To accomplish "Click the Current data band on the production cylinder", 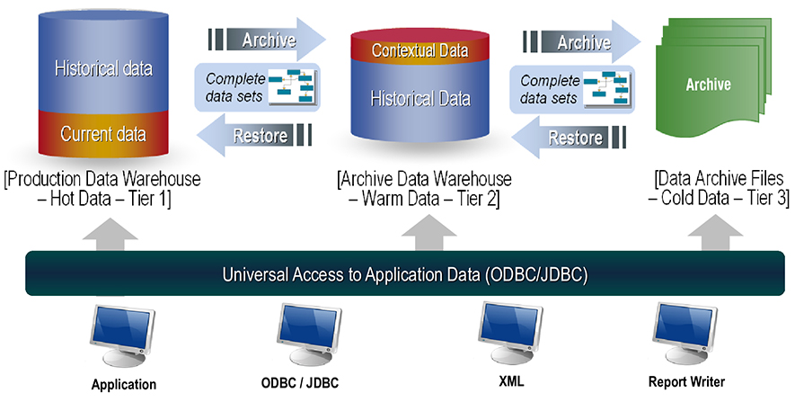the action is pyautogui.click(x=103, y=133).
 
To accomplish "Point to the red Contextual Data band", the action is pyautogui.click(x=420, y=49).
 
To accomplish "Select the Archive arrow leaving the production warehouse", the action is pyautogui.click(x=267, y=40).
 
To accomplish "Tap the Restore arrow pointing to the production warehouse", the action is pyautogui.click(x=254, y=135).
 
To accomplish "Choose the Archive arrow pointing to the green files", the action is pyautogui.click(x=582, y=42).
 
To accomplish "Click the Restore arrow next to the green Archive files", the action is pyautogui.click(x=569, y=137).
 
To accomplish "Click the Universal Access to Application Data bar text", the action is pyautogui.click(x=404, y=274).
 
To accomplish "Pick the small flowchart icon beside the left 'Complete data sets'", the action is pyautogui.click(x=293, y=87).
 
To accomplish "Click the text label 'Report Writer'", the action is pyautogui.click(x=686, y=381).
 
